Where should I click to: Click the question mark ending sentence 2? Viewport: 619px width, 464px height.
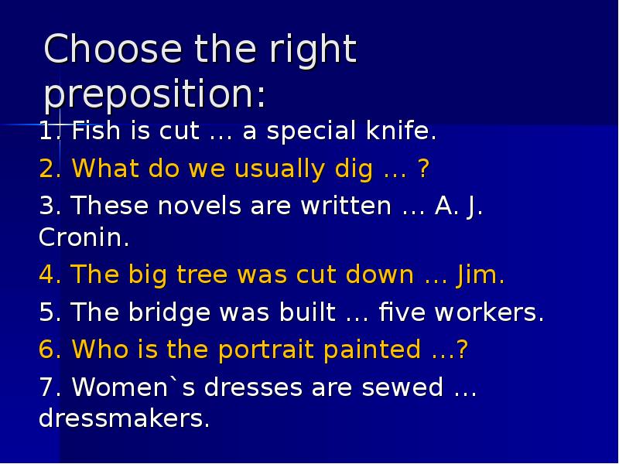pyautogui.click(x=422, y=169)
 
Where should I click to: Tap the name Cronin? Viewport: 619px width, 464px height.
pyautogui.click(x=83, y=237)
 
